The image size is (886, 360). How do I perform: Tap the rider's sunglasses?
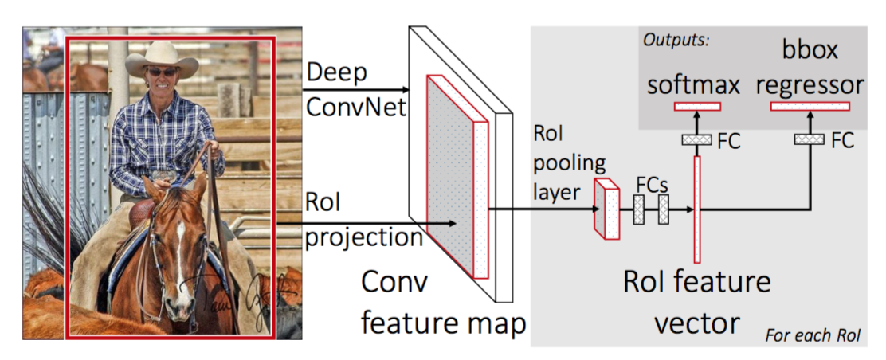(x=163, y=72)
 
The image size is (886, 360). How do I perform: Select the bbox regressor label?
(x=810, y=70)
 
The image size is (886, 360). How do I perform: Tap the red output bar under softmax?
(x=697, y=107)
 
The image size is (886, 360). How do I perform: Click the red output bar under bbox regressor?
(x=810, y=107)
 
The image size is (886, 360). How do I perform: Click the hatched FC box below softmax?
(x=697, y=140)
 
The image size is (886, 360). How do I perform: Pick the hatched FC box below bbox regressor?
(x=810, y=139)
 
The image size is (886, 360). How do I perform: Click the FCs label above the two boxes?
(x=651, y=182)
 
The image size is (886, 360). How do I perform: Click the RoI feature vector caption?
(x=697, y=303)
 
